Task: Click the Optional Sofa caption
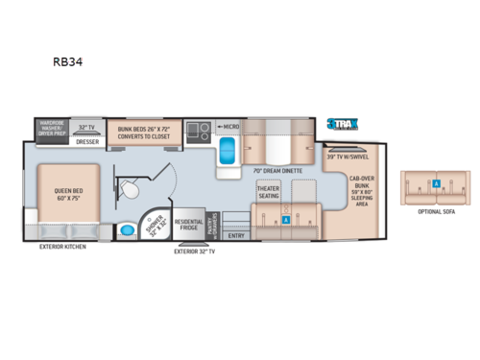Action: pos(437,213)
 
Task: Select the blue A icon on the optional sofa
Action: pos(436,182)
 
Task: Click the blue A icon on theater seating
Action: pos(286,219)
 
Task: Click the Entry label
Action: pos(236,234)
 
